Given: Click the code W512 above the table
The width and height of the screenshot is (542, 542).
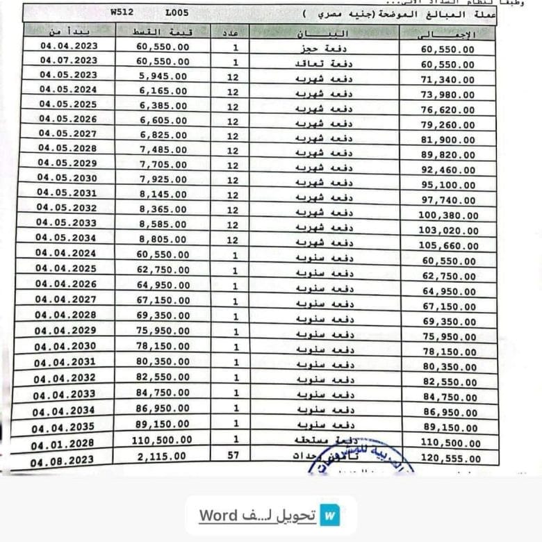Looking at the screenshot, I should tap(121, 13).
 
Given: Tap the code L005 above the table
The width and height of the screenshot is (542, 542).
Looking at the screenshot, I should tap(177, 13).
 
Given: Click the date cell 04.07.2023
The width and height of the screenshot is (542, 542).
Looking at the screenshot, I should tap(69, 60).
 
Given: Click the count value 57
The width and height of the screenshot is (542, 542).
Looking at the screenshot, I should tap(231, 455).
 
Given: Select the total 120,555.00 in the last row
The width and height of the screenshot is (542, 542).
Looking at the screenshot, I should tap(449, 459).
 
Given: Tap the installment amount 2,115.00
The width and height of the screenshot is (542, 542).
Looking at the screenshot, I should tap(163, 456).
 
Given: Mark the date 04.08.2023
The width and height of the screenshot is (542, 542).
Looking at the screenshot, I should tap(62, 459).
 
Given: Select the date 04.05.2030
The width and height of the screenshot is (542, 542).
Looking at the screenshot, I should tap(67, 179).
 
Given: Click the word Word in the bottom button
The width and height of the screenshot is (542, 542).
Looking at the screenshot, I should tap(220, 516).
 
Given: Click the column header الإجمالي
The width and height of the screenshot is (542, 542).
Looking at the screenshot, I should tap(448, 35).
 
